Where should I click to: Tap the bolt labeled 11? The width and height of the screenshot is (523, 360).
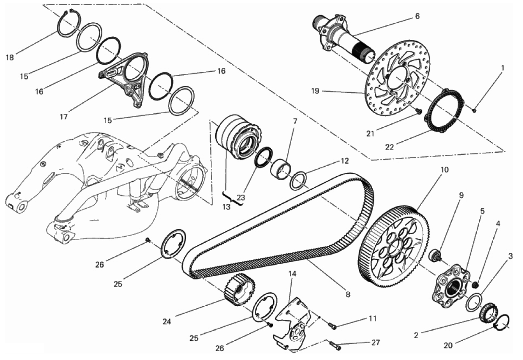[331, 324]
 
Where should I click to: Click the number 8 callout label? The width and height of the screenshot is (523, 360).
[348, 295]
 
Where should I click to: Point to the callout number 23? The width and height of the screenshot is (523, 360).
[241, 198]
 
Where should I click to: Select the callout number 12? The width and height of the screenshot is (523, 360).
[345, 161]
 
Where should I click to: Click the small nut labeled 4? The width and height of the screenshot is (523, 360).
[476, 285]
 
